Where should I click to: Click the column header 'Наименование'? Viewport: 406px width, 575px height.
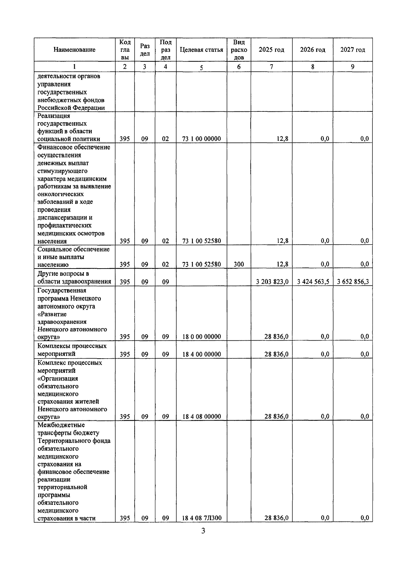coord(74,50)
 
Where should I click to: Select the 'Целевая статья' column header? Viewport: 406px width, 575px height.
coord(201,50)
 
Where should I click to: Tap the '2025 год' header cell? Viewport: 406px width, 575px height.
coord(271,50)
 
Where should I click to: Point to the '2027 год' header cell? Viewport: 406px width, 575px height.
coord(353,50)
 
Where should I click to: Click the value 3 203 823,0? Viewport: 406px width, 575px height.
coord(272,281)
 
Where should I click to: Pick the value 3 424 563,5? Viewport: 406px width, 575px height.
coord(313,281)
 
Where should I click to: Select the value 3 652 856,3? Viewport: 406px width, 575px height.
coord(353,281)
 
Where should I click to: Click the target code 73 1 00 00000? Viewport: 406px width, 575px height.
coord(201,139)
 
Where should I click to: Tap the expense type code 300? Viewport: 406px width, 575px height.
coord(239,264)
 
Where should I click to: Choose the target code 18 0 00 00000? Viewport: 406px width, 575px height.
coord(201,337)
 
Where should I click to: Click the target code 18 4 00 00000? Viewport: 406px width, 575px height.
coord(201,354)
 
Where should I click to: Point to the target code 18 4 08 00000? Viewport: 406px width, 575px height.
coord(201,417)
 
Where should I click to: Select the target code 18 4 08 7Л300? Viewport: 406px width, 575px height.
coord(202,518)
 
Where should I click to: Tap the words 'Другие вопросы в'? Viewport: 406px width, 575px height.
coord(63,274)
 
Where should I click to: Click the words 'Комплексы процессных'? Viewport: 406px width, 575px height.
coord(72,346)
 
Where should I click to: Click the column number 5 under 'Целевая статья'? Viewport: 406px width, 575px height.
coord(201,67)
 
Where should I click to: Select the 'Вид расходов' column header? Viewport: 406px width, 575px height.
coord(239,50)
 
